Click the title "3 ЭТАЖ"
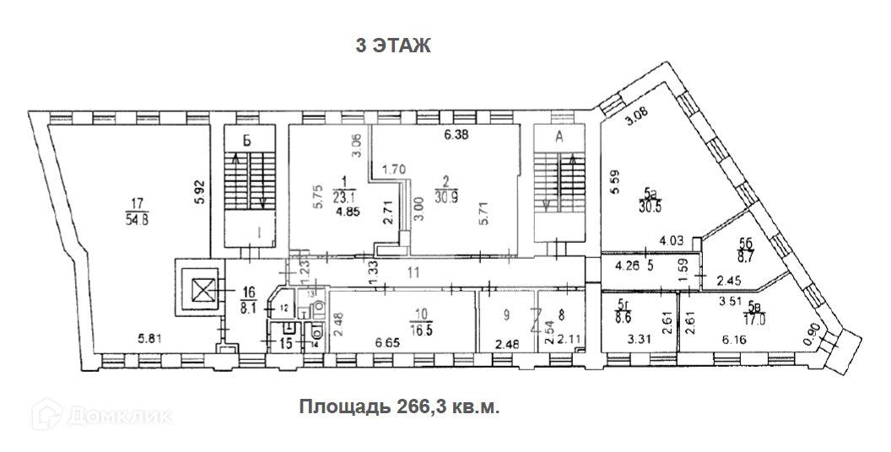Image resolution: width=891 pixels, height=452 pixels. point(393,46)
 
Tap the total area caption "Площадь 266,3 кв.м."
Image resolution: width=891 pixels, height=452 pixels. point(400,406)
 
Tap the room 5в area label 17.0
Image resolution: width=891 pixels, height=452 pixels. point(755,320)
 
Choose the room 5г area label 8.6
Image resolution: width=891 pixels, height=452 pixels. point(625,320)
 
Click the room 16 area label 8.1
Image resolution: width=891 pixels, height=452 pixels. point(248,309)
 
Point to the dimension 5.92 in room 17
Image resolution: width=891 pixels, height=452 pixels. point(199,190)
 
